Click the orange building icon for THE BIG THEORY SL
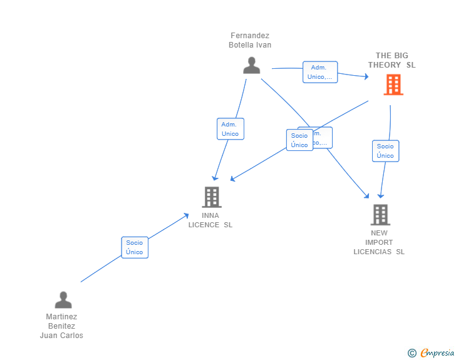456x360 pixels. [393, 85]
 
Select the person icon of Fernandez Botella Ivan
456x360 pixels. [251, 65]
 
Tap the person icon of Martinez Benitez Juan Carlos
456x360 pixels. [63, 300]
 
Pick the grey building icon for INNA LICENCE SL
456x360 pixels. [212, 197]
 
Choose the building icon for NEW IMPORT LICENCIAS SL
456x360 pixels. [380, 215]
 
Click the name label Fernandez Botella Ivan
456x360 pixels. [250, 40]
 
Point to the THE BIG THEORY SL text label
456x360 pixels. [391, 60]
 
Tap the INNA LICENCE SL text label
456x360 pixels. [210, 220]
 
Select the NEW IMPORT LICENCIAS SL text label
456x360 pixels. [379, 242]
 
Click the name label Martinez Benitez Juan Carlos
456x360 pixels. [61, 326]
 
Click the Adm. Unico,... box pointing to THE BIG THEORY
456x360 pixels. [319, 72]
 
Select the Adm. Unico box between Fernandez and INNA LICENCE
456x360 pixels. [230, 129]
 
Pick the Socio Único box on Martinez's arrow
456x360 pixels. [134, 247]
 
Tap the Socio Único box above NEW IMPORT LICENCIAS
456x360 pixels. [385, 151]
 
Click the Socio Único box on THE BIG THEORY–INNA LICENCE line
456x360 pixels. [299, 140]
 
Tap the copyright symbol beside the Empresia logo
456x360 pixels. [412, 353]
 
